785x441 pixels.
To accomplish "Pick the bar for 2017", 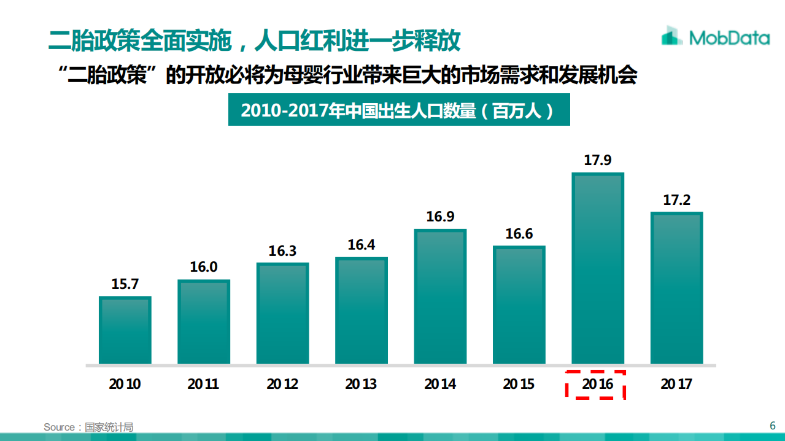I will coord(676,288).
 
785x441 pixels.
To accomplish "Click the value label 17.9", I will coord(598,161).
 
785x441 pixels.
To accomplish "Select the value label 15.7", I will coord(125,284).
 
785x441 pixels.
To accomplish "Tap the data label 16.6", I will coord(519,234).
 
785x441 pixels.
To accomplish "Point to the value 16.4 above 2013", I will coord(361,245).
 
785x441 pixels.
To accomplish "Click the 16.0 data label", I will coord(203,267).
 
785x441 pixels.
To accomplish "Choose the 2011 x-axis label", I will coord(203,385).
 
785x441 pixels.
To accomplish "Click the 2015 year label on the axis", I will coord(519,385).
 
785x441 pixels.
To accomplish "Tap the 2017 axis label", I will coord(676,385).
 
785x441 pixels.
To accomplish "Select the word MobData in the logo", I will coord(729,38).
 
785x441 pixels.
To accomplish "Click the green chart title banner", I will coord(399,110).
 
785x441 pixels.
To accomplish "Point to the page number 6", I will coord(773,426).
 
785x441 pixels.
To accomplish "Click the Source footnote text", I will coord(88,427).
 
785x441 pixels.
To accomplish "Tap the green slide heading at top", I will coord(254,40).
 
